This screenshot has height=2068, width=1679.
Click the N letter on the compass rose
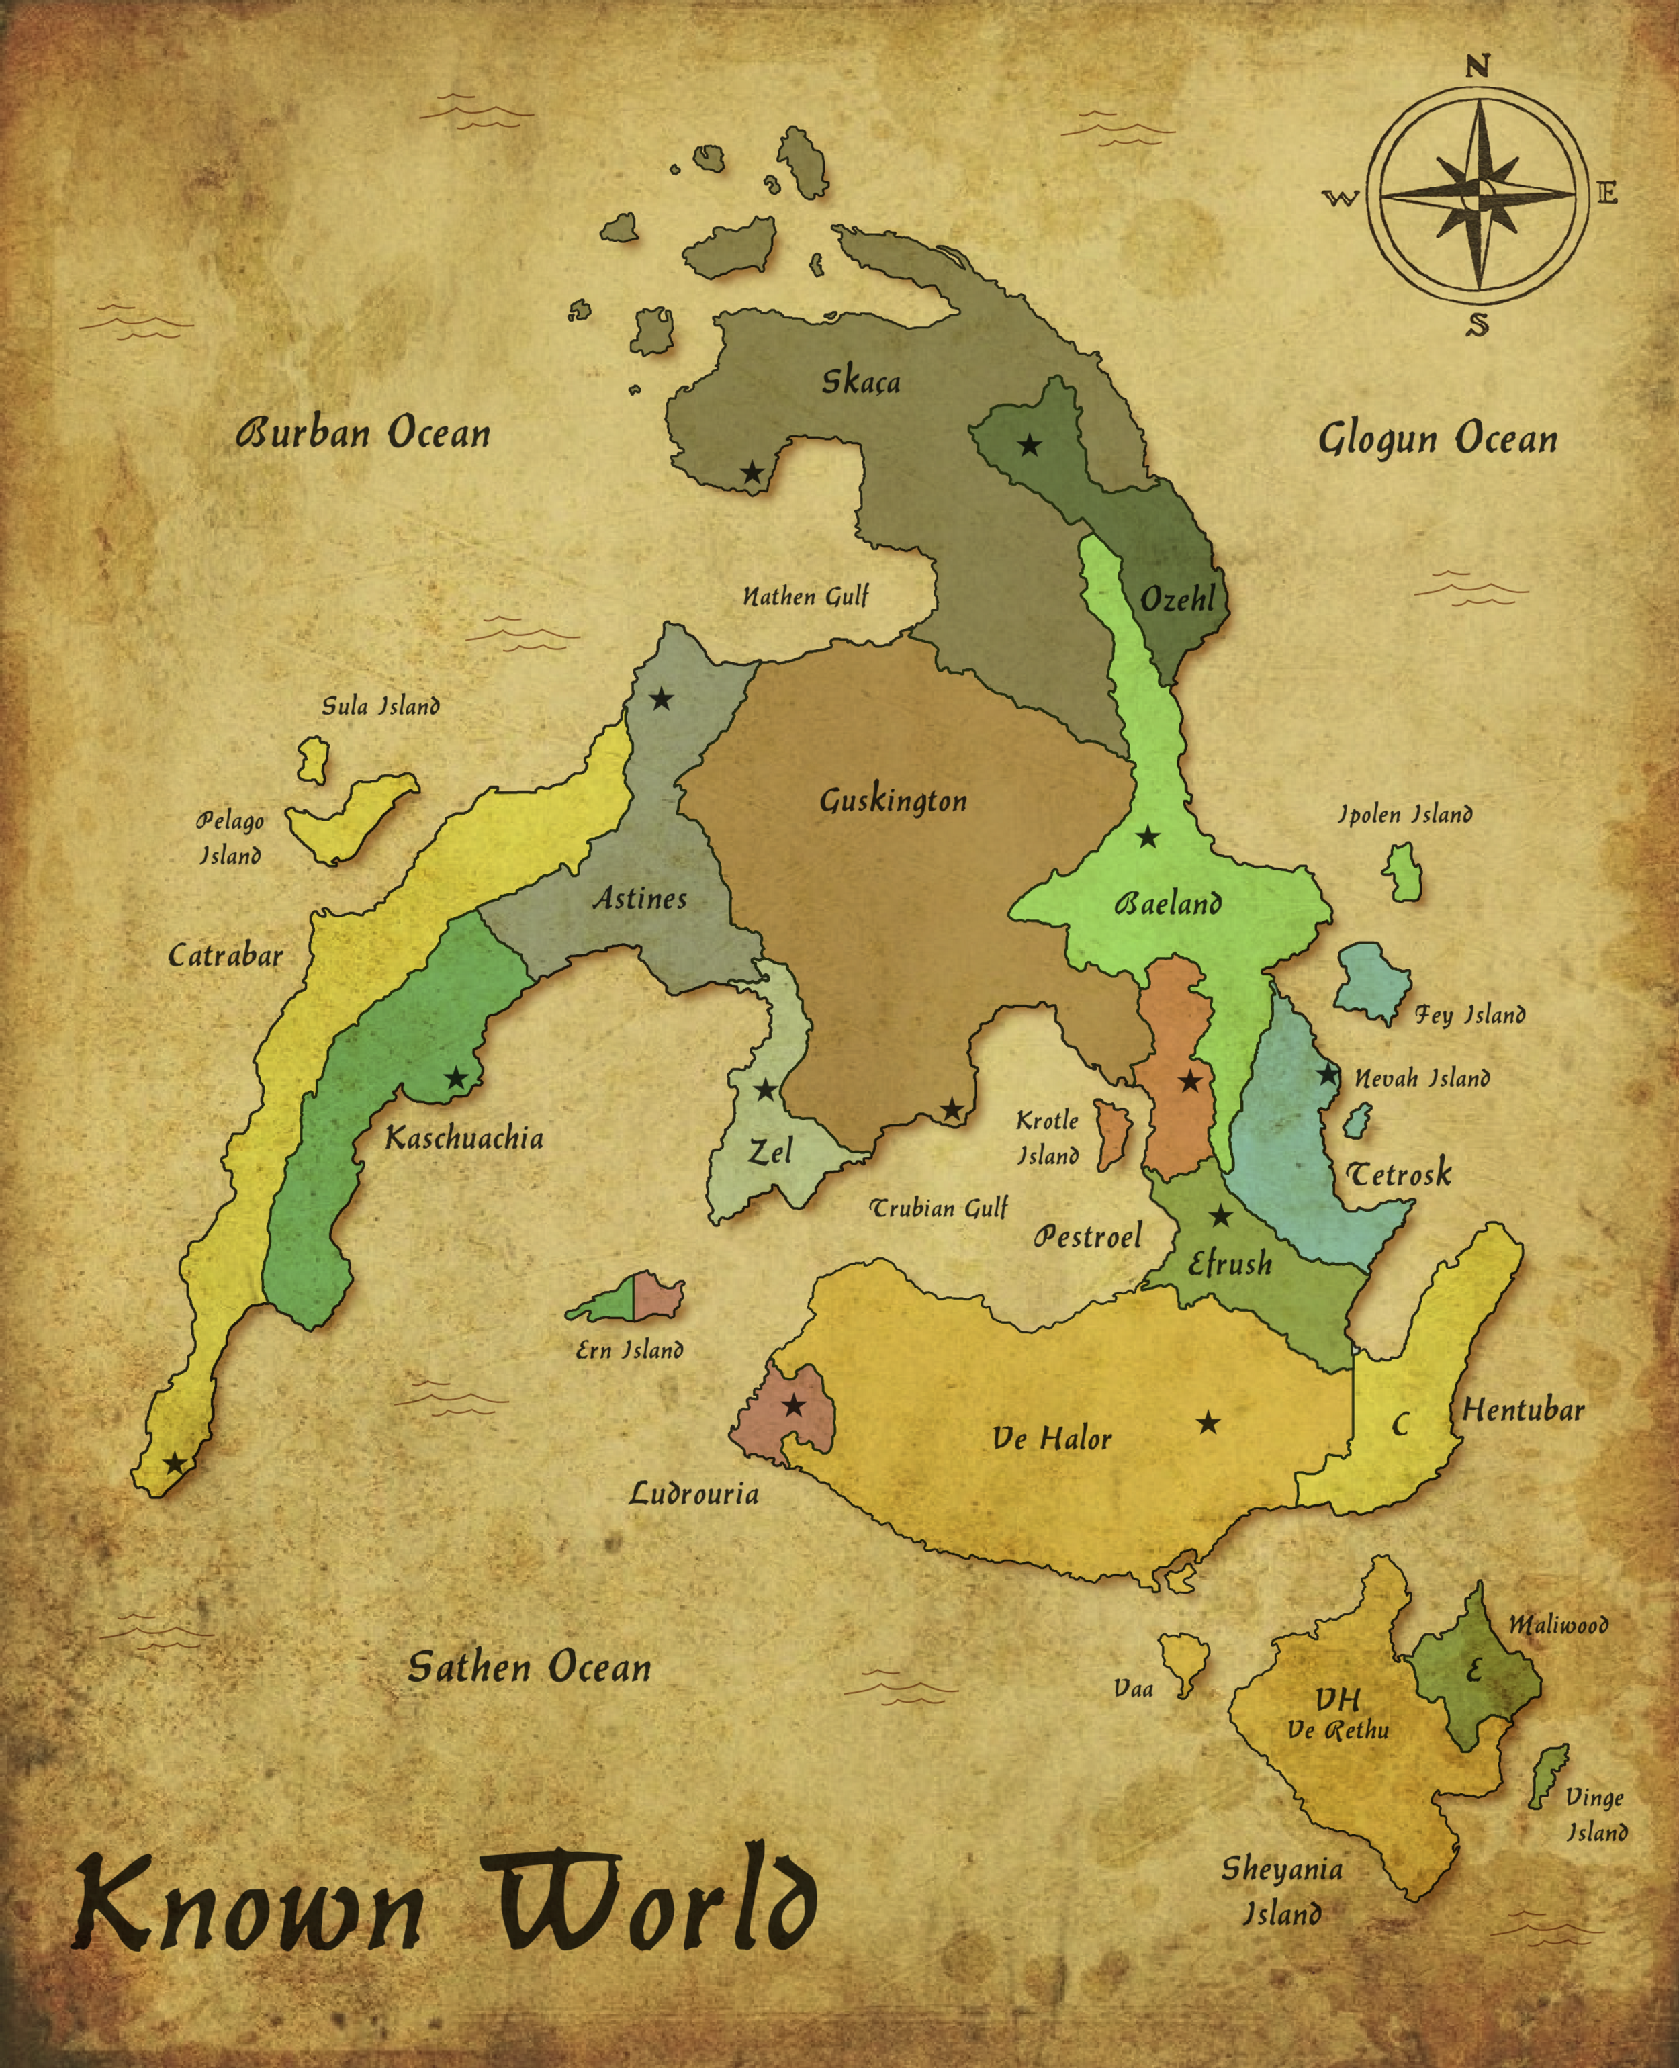[x=1477, y=66]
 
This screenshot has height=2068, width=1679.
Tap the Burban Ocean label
[x=363, y=433]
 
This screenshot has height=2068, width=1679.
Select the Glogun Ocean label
[x=1438, y=439]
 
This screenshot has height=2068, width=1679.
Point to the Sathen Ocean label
[x=529, y=1666]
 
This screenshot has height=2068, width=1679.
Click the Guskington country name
[x=893, y=801]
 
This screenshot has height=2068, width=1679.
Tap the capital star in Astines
[x=661, y=699]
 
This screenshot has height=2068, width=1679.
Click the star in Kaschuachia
[x=455, y=1079]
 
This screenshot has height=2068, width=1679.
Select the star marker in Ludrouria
[x=793, y=1406]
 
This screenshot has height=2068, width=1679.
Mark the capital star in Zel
[x=765, y=1090]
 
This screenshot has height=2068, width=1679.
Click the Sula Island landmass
[x=312, y=760]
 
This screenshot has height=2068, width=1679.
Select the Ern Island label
[x=630, y=1349]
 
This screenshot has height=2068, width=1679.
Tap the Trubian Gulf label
[x=939, y=1208]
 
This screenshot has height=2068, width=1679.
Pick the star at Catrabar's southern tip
[x=174, y=1462]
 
